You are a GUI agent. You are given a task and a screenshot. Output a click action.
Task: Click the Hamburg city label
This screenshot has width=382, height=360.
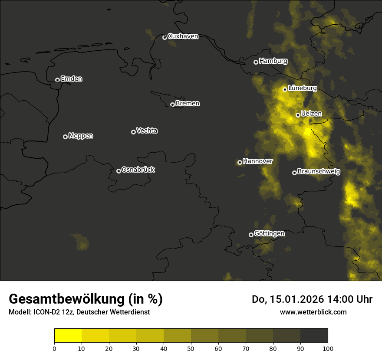(x=273, y=61)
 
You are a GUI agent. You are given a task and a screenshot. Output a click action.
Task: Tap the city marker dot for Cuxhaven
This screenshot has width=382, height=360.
(x=165, y=37)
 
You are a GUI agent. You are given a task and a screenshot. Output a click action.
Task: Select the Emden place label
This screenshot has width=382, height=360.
(x=71, y=79)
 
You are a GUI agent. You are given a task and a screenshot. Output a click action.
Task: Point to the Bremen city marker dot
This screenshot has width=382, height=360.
(x=172, y=105)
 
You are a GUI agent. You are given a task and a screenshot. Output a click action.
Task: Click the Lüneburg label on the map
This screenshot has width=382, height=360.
(x=302, y=88)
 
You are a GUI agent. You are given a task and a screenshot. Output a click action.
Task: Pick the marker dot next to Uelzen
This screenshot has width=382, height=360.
(x=298, y=115)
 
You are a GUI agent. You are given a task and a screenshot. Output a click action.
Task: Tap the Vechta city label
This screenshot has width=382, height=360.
(x=147, y=131)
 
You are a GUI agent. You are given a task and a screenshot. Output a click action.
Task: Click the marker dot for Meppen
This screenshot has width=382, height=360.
(x=65, y=137)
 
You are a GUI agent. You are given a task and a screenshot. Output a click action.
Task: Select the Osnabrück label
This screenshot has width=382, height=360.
(x=138, y=170)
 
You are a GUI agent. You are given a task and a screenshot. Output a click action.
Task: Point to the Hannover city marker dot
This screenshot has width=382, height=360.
(x=240, y=162)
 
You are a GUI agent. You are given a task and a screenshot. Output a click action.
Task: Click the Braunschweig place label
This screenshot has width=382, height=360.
(x=319, y=172)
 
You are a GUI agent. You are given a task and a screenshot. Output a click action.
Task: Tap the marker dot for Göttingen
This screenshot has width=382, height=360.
(x=251, y=235)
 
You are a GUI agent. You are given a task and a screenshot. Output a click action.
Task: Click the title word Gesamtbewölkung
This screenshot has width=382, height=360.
(x=67, y=299)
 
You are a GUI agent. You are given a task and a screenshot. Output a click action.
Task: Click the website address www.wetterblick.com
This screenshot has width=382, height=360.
(x=313, y=312)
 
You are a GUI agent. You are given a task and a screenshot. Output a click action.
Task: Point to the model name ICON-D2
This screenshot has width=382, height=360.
(x=43, y=312)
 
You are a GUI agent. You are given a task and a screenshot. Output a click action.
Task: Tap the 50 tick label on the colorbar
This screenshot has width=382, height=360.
(x=191, y=348)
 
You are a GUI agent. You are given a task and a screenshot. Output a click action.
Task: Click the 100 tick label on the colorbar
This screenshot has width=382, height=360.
(x=328, y=348)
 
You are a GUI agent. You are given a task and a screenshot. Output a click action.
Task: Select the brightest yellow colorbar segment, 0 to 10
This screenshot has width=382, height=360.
(x=68, y=335)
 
